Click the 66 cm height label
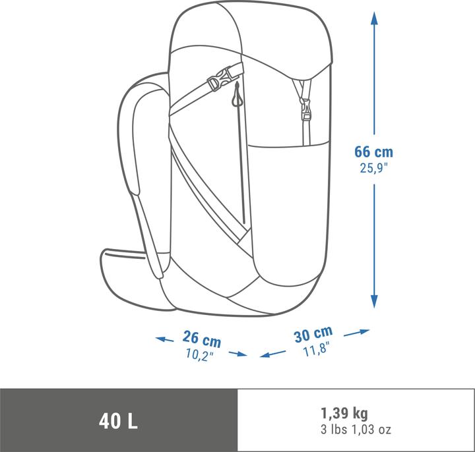tap(373, 152)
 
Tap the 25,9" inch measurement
tap(373, 168)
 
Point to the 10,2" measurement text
tap(200, 354)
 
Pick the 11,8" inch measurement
tap(315, 350)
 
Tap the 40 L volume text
tap(118, 421)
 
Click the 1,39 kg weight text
tap(344, 412)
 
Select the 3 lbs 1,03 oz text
tap(356, 430)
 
